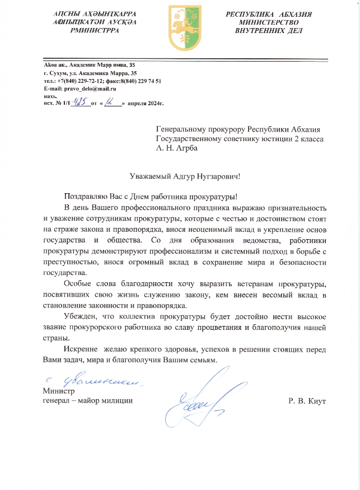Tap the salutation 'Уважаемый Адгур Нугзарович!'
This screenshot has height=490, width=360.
(x=184, y=176)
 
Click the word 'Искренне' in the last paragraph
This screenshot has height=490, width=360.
(x=82, y=349)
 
